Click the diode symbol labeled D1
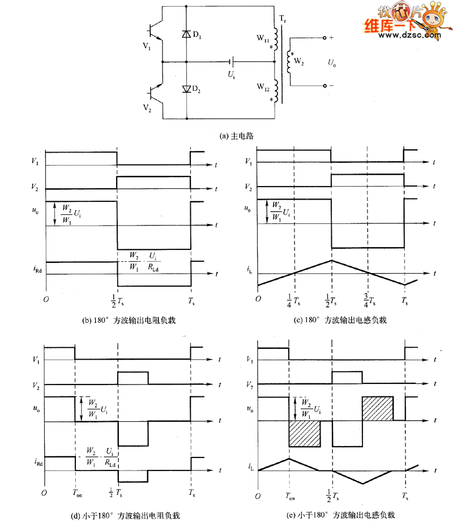(x=185, y=34)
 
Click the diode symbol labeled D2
(x=185, y=89)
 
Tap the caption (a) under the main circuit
(x=237, y=136)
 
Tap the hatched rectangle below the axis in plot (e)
(x=305, y=434)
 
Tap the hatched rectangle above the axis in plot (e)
(x=377, y=408)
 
